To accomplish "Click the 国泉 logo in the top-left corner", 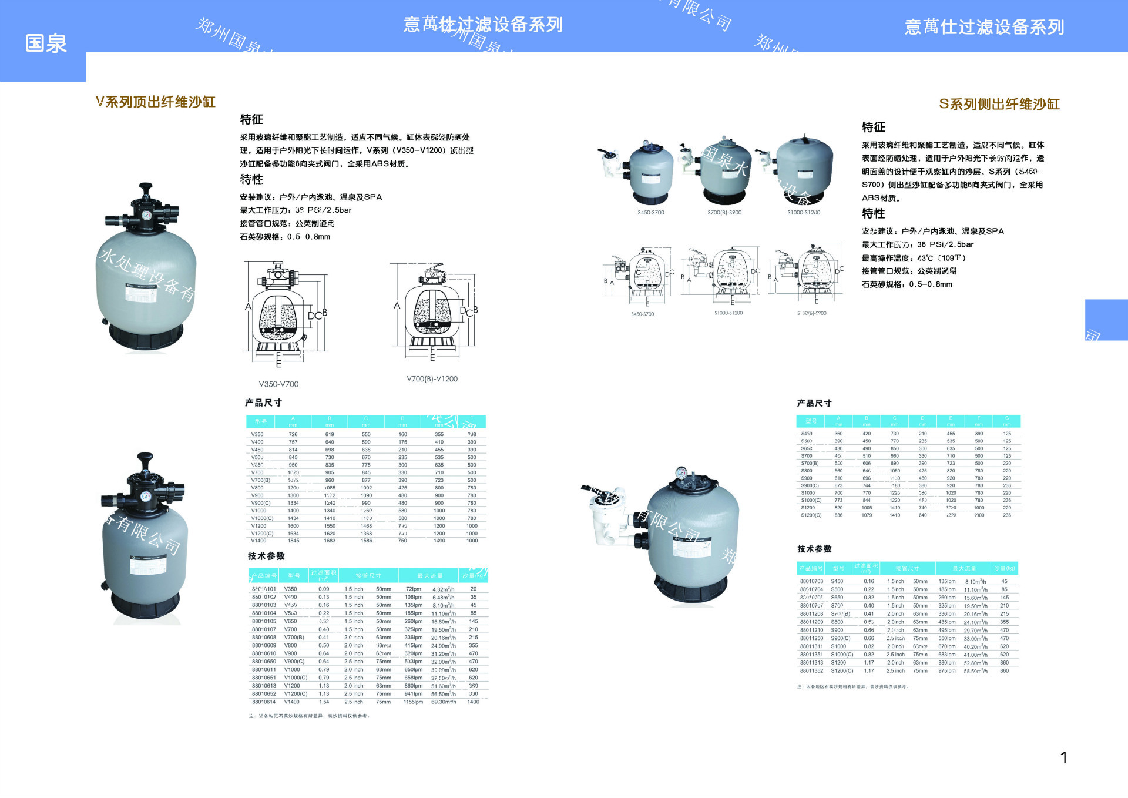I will [46, 43].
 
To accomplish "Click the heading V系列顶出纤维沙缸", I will [156, 102].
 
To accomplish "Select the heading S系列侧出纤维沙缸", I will [999, 105].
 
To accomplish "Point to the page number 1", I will [1063, 757].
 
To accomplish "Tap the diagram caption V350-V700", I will [278, 384].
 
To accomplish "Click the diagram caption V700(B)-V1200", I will [432, 379].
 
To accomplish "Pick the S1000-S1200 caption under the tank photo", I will [804, 213].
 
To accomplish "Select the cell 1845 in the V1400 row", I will [293, 541].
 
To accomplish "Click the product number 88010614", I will [264, 702].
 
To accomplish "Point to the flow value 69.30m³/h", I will [444, 702].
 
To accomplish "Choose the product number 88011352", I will [811, 670].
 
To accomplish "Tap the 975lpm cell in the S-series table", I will [946, 670].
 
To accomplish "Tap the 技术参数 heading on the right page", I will [814, 549].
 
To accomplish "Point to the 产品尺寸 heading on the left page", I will [263, 403].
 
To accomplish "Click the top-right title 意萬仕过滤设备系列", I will [984, 27].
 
